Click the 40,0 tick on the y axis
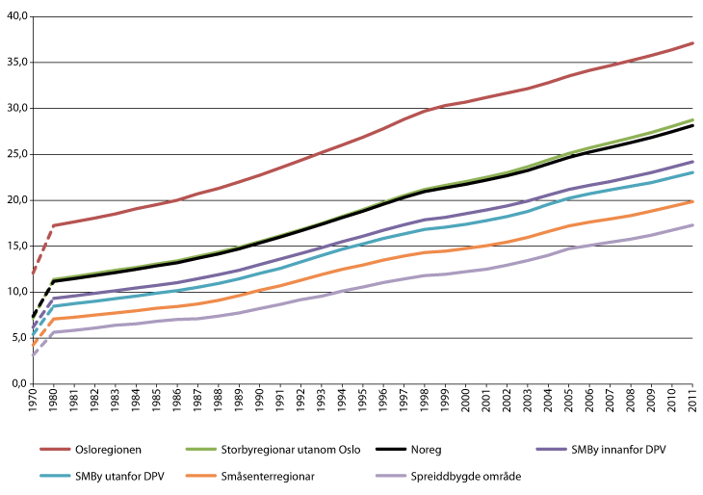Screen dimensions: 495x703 pos(17,16)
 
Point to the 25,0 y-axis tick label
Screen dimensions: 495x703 pos(17,154)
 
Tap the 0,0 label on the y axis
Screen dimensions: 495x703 pos(19,383)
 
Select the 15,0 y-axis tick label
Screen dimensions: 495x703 pos(17,246)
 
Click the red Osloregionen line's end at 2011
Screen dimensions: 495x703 pos(691,43)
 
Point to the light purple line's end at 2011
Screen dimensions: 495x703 pos(691,225)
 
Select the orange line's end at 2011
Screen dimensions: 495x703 pos(691,201)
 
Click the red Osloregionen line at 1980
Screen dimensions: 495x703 pos(53,225)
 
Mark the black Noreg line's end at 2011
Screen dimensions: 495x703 pos(691,125)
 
